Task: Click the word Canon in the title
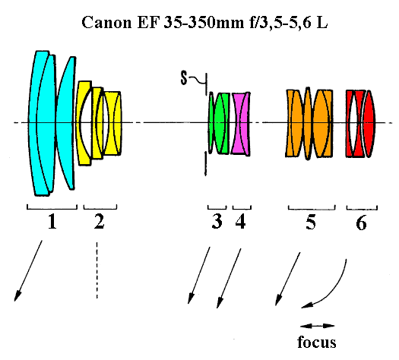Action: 106,22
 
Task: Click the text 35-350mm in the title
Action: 204,22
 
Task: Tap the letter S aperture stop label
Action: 184,77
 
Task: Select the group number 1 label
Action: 52,221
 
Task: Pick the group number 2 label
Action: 100,221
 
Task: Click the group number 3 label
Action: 217,221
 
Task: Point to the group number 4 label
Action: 240,221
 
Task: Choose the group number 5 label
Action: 311,223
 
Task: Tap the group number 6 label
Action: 361,223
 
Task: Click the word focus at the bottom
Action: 317,342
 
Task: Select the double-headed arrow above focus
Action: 318,326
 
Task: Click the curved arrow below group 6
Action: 334,292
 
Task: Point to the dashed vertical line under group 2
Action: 97,270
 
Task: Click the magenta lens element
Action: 240,124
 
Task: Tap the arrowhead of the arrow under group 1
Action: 17,296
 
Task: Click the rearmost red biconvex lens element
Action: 369,124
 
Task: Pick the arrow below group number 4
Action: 229,279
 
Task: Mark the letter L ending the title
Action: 322,22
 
